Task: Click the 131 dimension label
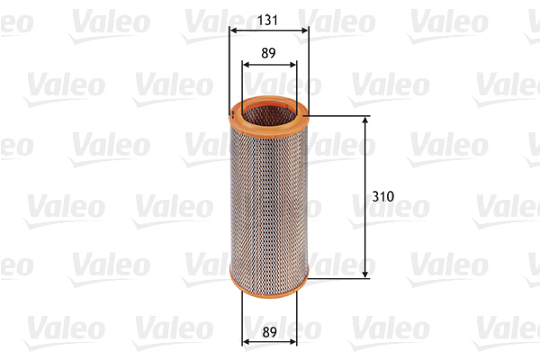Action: pos(267,21)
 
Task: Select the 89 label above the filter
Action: pos(268,53)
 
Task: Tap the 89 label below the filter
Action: pos(269,332)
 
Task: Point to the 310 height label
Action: pos(383,196)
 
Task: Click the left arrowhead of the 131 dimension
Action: pos(234,31)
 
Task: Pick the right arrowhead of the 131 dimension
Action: pos(304,31)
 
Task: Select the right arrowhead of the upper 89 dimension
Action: pos(292,65)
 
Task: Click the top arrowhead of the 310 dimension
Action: pos(365,121)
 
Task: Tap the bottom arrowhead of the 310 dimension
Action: pos(365,274)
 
